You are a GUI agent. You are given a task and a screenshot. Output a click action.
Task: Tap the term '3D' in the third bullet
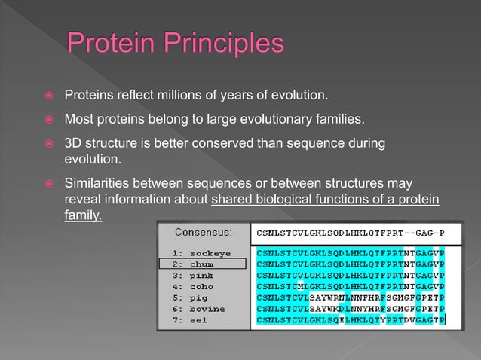coord(74,142)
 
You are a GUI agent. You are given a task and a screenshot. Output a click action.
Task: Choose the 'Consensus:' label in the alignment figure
coord(203,231)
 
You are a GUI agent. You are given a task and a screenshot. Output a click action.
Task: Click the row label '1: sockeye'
coord(201,252)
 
